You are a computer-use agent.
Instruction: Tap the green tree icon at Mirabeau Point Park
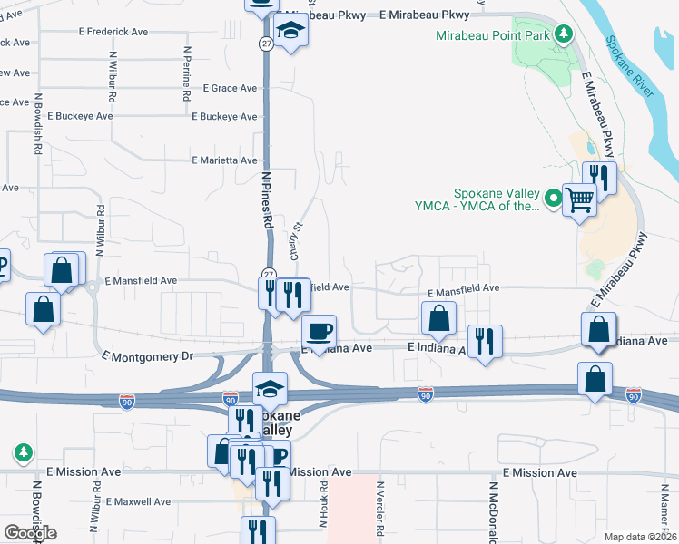pyautogui.click(x=564, y=34)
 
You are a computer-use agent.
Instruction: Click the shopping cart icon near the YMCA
pyautogui.click(x=579, y=198)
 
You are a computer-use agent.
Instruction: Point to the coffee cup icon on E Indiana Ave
pyautogui.click(x=318, y=331)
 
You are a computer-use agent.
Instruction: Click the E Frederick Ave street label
pyautogui.click(x=114, y=31)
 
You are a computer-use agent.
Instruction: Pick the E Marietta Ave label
pyautogui.click(x=225, y=160)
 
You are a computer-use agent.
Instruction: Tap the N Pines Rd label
pyautogui.click(x=268, y=205)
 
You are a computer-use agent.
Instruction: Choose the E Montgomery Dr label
pyautogui.click(x=148, y=356)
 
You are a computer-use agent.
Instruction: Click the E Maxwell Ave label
pyautogui.click(x=138, y=501)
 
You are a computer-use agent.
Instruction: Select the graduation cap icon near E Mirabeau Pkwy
pyautogui.click(x=291, y=32)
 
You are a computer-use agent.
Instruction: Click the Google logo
pyautogui.click(x=30, y=533)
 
